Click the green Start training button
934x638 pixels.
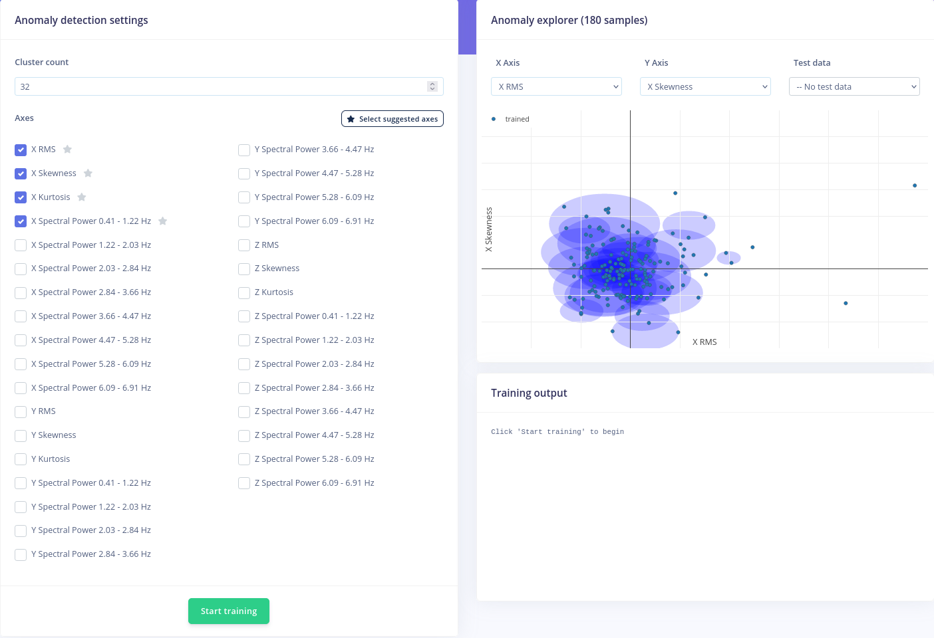228,611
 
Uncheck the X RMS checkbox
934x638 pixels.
21,150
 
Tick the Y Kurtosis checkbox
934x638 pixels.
21,459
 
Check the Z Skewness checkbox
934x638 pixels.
244,268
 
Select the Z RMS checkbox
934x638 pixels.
244,245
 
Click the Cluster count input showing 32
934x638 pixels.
220,86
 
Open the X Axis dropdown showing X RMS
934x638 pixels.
556,86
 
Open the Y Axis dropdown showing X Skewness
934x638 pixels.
705,86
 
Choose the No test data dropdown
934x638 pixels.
854,86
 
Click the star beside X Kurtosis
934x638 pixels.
82,197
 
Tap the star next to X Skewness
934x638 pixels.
88,173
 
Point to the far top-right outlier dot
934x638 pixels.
915,185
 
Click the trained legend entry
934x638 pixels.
516,119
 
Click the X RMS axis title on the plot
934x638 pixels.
704,342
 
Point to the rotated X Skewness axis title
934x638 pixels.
489,229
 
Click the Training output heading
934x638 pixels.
529,393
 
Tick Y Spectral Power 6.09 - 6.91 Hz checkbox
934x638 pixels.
244,221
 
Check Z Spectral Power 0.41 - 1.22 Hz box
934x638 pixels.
244,316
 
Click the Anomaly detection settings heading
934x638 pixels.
81,20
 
